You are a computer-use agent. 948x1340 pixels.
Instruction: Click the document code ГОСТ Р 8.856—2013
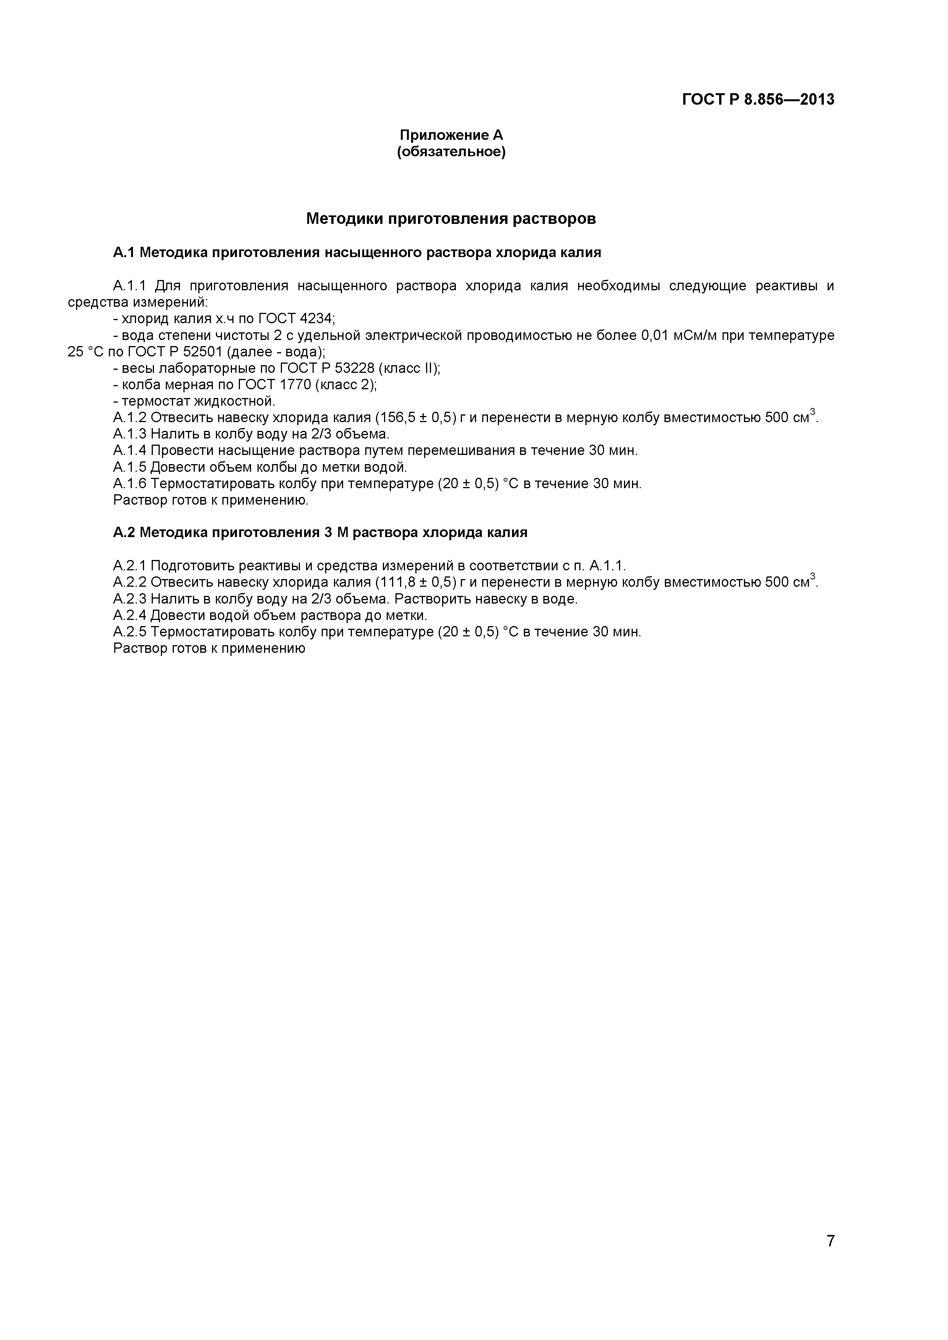[x=758, y=99]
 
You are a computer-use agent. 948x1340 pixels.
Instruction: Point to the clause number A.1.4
[x=130, y=451]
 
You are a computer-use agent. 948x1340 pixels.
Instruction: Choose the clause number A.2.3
[x=130, y=599]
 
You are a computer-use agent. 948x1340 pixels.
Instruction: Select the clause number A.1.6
[x=130, y=484]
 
